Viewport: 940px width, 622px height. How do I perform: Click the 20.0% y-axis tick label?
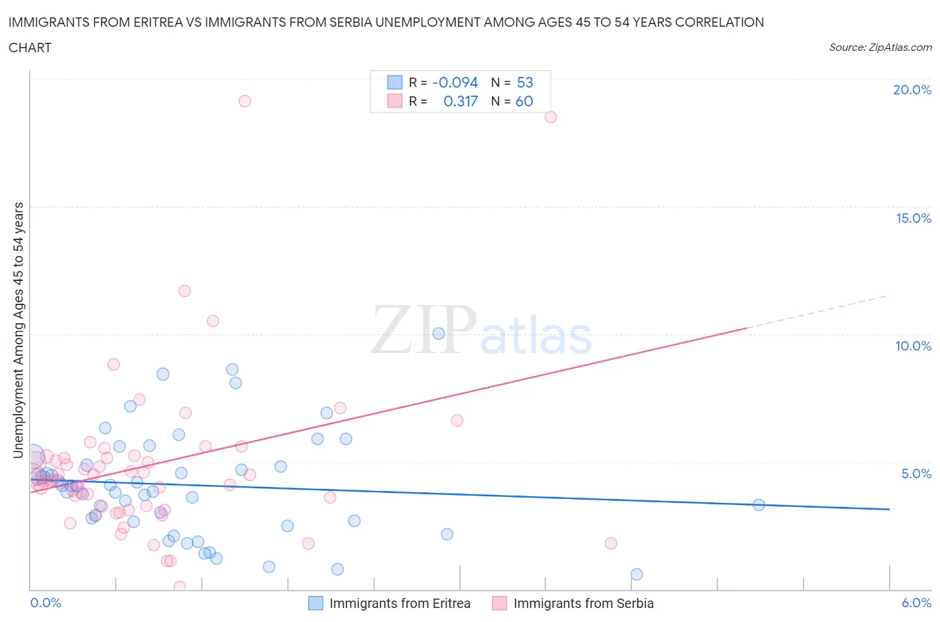click(912, 90)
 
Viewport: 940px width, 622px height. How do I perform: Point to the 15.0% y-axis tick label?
click(913, 218)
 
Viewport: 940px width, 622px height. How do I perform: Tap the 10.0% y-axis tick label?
click(913, 346)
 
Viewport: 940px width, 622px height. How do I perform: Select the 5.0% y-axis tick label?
click(916, 474)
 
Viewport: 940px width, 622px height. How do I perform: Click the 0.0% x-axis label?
click(45, 603)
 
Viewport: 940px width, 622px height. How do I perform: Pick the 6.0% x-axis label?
click(916, 603)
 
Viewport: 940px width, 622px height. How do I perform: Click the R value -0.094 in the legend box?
click(455, 82)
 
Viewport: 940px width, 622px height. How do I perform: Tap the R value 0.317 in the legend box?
click(461, 101)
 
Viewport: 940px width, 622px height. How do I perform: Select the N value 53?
click(525, 82)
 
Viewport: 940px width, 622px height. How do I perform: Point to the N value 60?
click(524, 101)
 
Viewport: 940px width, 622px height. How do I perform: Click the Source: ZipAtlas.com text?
click(880, 47)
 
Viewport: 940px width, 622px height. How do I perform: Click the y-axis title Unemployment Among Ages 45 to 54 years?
click(19, 330)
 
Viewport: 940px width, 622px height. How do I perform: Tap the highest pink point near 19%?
click(245, 101)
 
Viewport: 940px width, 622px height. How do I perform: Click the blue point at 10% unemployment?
click(439, 334)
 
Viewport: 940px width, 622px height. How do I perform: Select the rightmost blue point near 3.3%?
click(758, 505)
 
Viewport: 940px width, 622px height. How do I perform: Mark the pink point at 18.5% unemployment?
click(550, 117)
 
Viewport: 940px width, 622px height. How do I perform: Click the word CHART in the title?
click(30, 47)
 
